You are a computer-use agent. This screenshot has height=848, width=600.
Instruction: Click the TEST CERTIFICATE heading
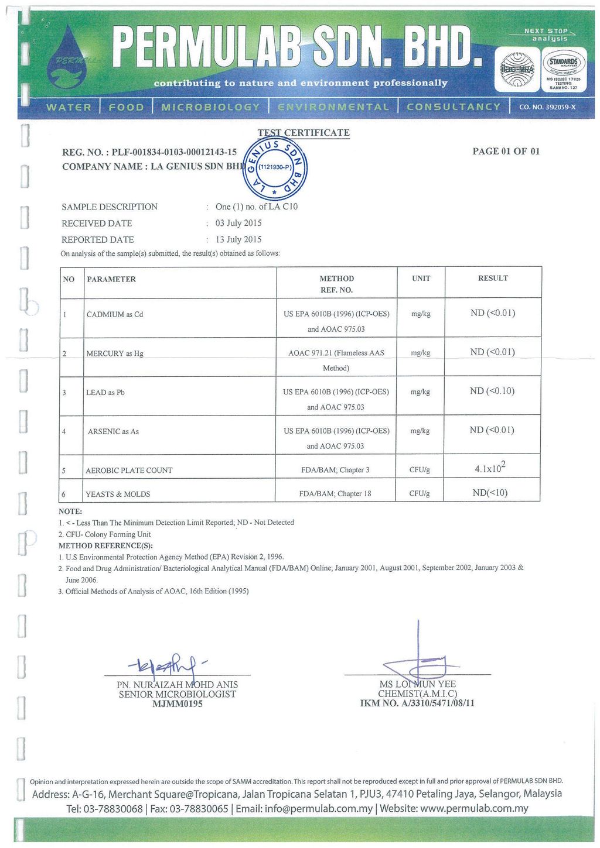click(304, 133)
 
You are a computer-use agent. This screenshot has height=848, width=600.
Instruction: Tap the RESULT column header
click(493, 279)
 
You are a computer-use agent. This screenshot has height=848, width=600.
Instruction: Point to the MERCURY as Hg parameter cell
click(115, 353)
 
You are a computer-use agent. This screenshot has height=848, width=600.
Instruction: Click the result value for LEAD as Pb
click(492, 391)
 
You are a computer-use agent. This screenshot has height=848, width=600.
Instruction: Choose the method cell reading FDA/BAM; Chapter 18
click(335, 493)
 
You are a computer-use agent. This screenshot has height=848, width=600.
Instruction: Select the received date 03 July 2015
click(238, 223)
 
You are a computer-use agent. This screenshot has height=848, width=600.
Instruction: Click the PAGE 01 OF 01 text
click(506, 152)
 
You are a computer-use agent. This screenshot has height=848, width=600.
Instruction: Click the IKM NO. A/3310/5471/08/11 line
click(417, 703)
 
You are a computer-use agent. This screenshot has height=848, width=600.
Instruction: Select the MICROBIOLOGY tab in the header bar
click(210, 107)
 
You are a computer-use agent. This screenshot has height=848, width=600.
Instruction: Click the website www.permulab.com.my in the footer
click(474, 809)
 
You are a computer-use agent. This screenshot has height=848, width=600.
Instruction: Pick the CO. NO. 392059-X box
click(547, 107)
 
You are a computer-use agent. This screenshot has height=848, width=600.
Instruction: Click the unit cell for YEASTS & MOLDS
click(420, 493)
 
